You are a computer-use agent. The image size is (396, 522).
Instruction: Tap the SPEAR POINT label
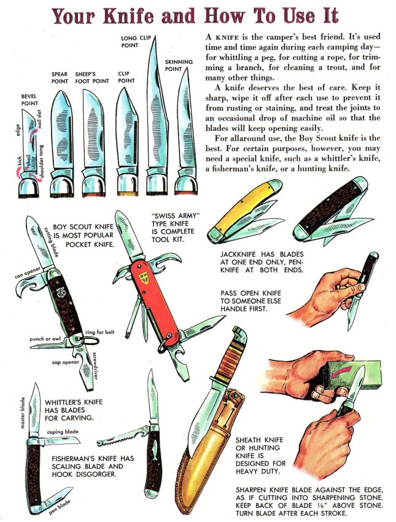60,77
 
